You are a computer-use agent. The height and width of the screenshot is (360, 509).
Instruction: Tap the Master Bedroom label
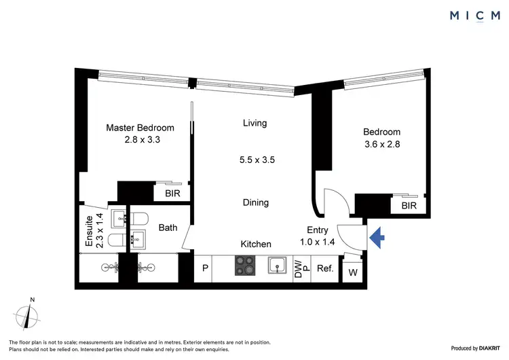click(140, 128)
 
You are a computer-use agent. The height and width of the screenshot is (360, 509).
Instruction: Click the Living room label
click(254, 123)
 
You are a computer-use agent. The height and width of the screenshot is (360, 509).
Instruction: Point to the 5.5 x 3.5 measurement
click(257, 160)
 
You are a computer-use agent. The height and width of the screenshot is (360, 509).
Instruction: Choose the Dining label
click(255, 202)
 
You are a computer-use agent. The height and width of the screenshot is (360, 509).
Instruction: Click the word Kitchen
click(256, 244)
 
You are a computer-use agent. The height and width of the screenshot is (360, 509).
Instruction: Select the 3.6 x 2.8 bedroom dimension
click(381, 144)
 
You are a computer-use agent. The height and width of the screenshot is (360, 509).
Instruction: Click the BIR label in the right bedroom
click(409, 204)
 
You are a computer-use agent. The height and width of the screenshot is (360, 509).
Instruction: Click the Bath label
click(168, 228)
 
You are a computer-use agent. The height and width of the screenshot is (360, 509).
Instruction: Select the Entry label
click(317, 230)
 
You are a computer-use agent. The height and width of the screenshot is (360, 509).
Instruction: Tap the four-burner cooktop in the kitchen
click(244, 266)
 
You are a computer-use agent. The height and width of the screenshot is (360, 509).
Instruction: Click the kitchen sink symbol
click(277, 266)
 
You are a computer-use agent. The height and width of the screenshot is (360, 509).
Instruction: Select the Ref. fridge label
click(326, 268)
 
